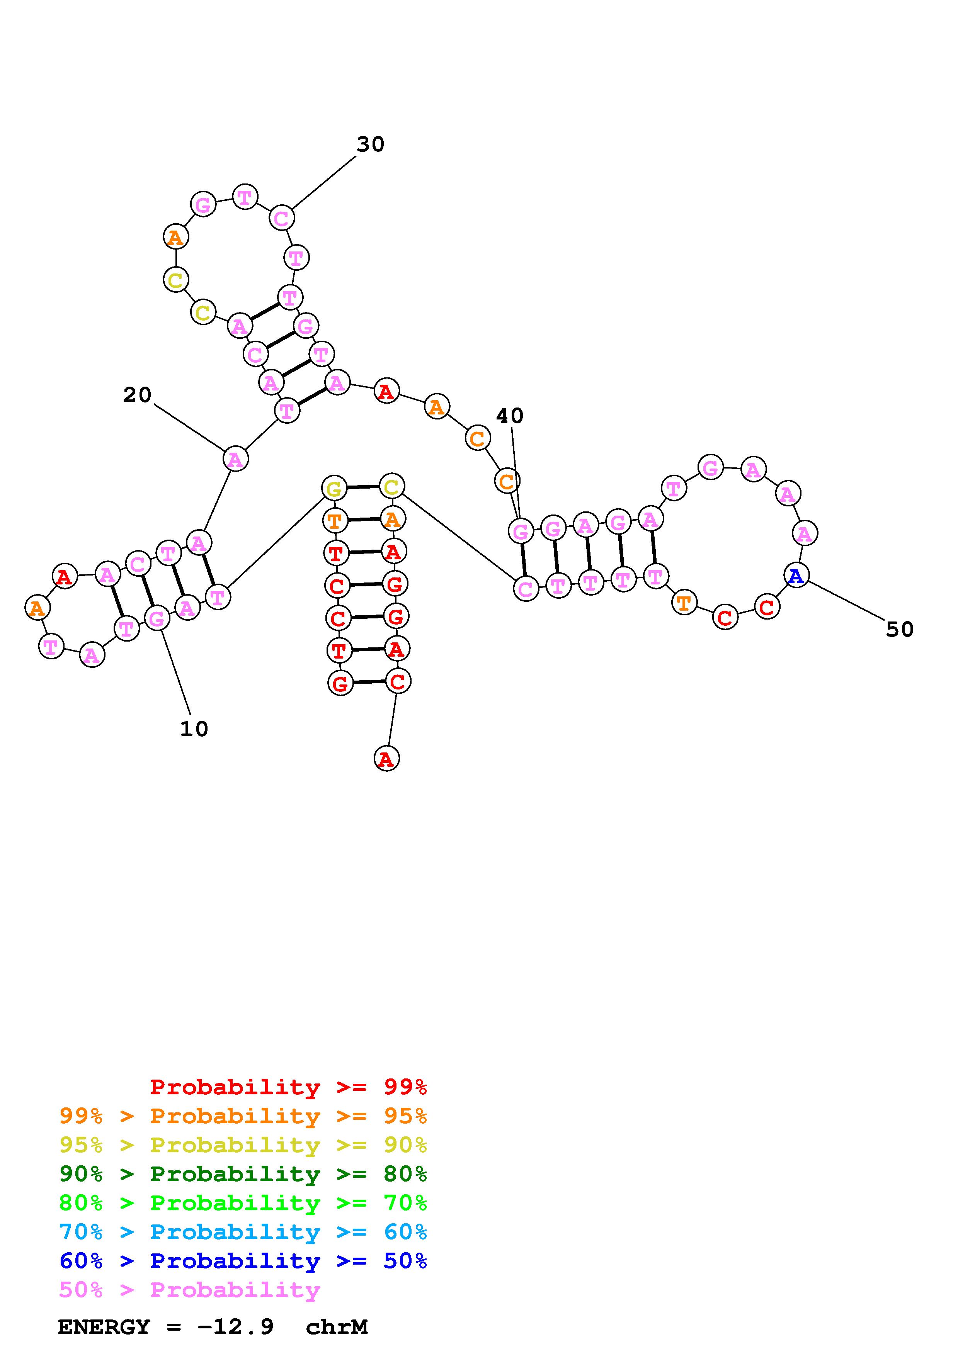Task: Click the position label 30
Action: click(x=370, y=144)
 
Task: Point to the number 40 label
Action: click(x=509, y=416)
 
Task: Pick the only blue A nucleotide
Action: click(x=796, y=576)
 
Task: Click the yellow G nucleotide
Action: click(x=334, y=489)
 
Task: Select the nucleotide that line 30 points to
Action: click(x=282, y=218)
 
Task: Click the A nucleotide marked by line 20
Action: click(x=235, y=458)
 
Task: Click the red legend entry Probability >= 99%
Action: click(x=288, y=1087)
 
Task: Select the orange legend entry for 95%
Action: click(x=243, y=1116)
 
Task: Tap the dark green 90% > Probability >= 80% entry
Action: click(x=243, y=1174)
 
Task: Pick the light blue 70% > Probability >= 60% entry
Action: click(x=243, y=1232)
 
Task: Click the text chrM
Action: click(x=337, y=1327)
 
